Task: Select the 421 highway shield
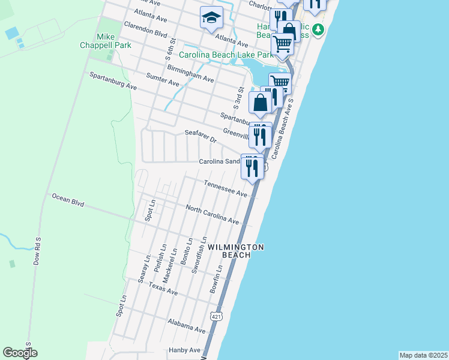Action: (x=215, y=315)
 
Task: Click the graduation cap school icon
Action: (x=211, y=18)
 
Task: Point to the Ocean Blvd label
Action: (x=68, y=199)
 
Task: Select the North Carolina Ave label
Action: (x=212, y=215)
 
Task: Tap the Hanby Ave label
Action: (x=185, y=350)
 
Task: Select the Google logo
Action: (x=20, y=353)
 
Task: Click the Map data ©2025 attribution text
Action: (x=423, y=355)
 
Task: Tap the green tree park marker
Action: (x=319, y=29)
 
